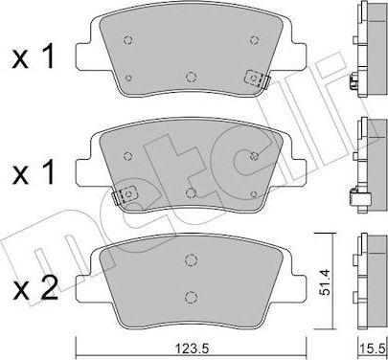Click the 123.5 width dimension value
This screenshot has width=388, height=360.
pyautogui.click(x=192, y=349)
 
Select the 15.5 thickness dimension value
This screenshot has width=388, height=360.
pyautogui.click(x=374, y=349)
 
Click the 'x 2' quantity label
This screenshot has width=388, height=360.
pyautogui.click(x=35, y=288)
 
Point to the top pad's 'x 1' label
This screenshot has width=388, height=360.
pyautogui.click(x=34, y=57)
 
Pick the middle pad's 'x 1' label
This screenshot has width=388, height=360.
pyautogui.click(x=34, y=172)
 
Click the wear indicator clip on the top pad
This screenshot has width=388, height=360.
pyautogui.click(x=257, y=79)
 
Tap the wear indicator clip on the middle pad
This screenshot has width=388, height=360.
pyautogui.click(x=125, y=195)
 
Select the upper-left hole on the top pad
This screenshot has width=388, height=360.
pyautogui.click(x=127, y=40)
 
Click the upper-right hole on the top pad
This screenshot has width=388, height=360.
pyautogui.click(x=254, y=40)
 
